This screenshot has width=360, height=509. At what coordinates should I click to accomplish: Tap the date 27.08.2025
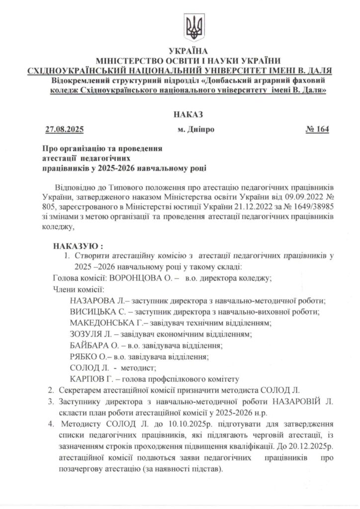pos(64,130)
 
